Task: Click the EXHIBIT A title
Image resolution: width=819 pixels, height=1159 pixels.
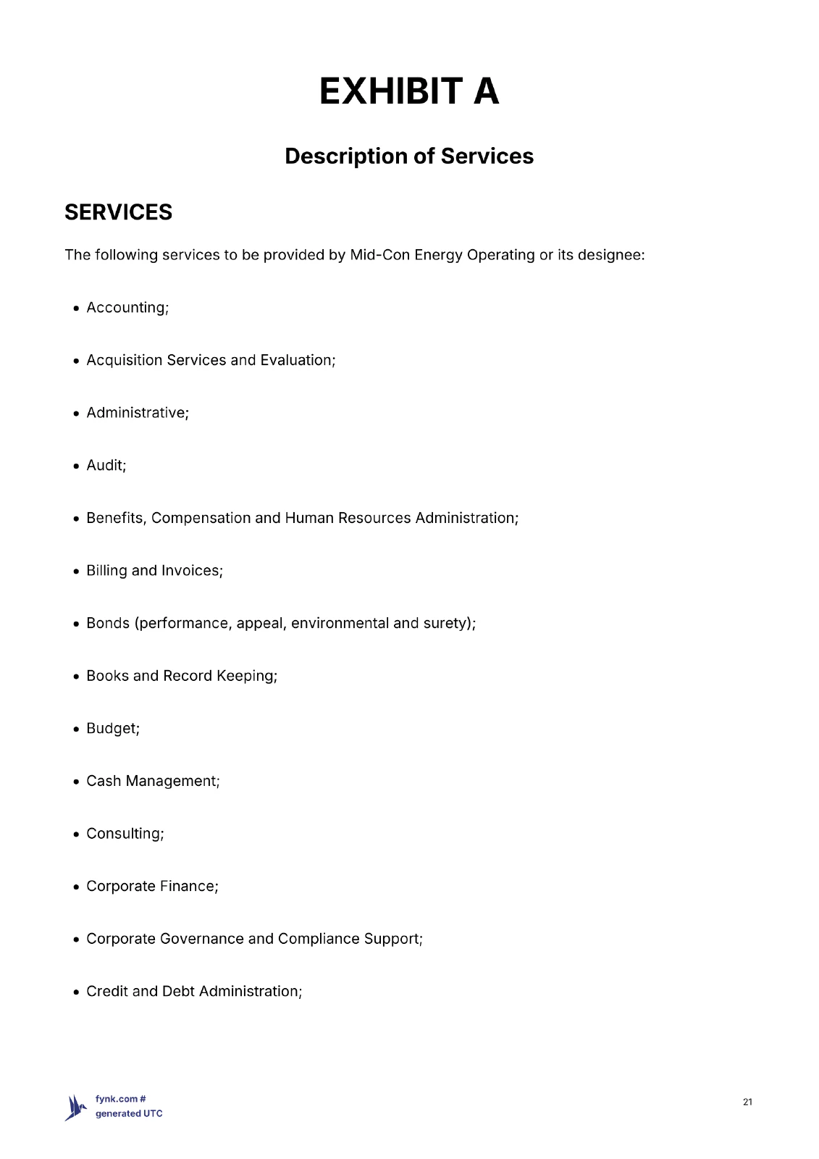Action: click(409, 91)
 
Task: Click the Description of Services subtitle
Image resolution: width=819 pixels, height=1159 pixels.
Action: click(409, 156)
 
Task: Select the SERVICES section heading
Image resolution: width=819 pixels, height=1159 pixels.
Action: click(118, 212)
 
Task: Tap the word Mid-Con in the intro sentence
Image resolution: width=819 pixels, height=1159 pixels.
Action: click(379, 255)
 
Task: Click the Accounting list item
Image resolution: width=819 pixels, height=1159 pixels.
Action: click(127, 308)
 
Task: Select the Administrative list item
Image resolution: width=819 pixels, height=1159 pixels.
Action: click(137, 413)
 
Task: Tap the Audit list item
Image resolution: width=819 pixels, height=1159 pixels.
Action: click(106, 466)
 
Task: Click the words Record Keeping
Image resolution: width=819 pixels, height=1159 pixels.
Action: click(219, 676)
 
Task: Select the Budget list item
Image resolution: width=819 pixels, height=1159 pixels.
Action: click(112, 729)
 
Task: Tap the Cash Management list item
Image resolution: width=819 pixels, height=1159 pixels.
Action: click(152, 781)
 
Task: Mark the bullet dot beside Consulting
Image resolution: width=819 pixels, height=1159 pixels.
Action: click(77, 834)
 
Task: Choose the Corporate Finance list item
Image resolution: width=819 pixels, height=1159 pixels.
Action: click(151, 887)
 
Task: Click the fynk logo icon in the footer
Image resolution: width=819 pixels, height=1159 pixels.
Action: click(75, 1107)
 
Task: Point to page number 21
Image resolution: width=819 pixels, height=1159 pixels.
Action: click(747, 1102)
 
